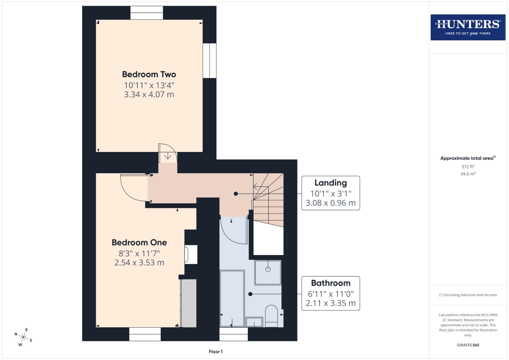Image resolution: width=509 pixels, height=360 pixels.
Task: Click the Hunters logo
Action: (468, 27)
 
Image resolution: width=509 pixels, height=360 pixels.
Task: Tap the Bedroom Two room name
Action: (149, 74)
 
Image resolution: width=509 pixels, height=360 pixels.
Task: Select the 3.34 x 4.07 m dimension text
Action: (149, 94)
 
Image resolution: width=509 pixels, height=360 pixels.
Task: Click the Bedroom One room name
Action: (139, 242)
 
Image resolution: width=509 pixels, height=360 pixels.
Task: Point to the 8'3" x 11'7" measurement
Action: (139, 253)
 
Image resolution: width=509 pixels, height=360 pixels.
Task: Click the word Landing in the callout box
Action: (330, 183)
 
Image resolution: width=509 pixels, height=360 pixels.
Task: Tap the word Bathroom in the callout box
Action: (330, 283)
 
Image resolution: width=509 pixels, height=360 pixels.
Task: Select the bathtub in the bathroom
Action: (232, 298)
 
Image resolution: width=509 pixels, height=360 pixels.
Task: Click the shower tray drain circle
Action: (268, 269)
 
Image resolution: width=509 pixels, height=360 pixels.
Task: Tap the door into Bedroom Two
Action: (167, 153)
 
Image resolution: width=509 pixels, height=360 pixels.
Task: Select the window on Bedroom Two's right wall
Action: (210, 61)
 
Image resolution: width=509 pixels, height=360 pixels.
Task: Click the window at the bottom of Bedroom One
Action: (145, 334)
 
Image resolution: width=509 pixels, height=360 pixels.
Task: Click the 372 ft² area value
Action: (468, 167)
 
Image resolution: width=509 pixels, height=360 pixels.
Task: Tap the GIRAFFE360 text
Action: (468, 345)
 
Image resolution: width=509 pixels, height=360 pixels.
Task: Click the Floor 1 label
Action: (216, 352)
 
